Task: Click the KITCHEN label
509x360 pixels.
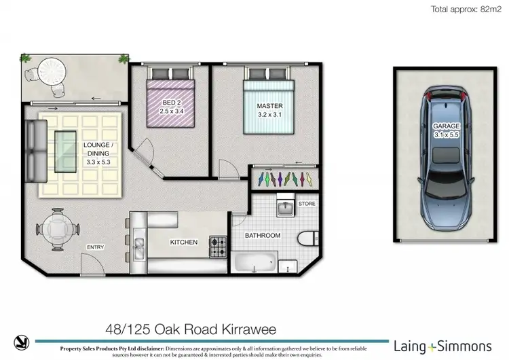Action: tap(184, 242)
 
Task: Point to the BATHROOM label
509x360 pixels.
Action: tap(263, 235)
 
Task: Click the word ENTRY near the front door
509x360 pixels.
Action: tap(95, 247)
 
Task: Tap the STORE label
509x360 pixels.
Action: tap(307, 203)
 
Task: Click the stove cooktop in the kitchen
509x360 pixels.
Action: tap(217, 247)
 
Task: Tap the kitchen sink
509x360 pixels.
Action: tap(138, 248)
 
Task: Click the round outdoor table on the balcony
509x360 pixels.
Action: tap(50, 69)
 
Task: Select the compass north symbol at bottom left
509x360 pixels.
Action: tap(21, 343)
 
